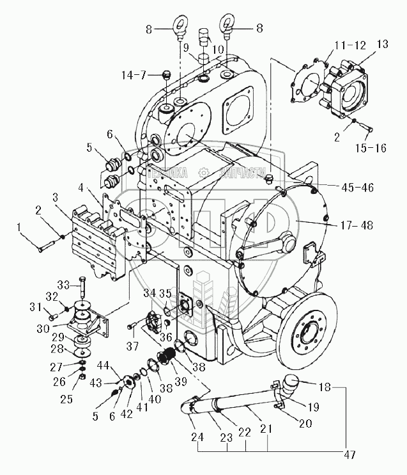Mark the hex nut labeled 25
point(83,376)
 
